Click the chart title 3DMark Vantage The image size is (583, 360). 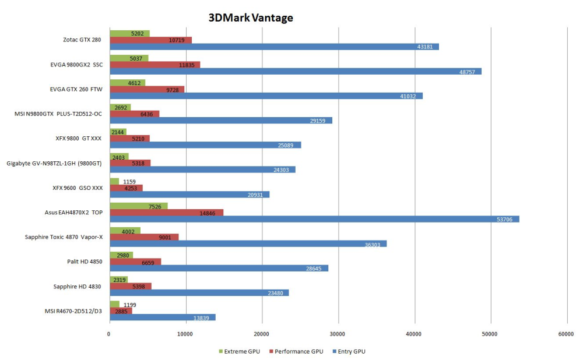pos(251,17)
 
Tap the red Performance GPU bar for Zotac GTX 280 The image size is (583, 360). pos(150,40)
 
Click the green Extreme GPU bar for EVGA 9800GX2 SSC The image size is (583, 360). pos(129,58)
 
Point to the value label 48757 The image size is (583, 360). pos(468,72)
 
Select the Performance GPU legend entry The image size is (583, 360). pos(296,351)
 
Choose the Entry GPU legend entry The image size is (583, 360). pos(348,351)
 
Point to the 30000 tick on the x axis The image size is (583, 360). pos(338,334)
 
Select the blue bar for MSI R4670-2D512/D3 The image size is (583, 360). pos(162,317)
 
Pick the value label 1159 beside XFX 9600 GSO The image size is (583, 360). pos(129,182)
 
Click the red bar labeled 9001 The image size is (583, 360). pos(144,237)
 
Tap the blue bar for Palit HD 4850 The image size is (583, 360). pos(219,269)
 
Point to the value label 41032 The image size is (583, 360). pos(408,96)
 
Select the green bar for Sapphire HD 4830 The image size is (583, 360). pos(118,280)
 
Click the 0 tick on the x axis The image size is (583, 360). pos(109,334)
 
